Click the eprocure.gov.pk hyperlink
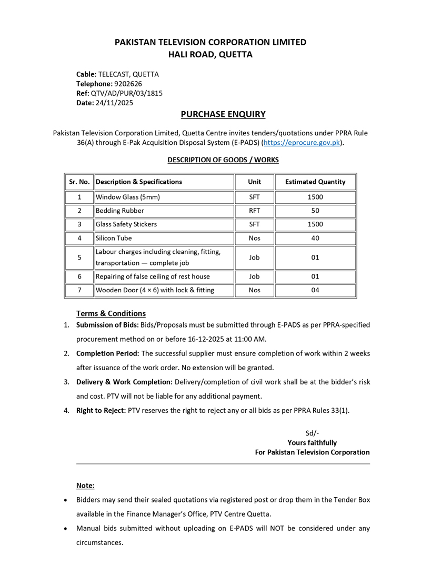[x=302, y=143]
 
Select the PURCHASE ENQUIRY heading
[x=223, y=114]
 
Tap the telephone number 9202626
[x=128, y=84]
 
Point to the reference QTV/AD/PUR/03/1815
[x=127, y=93]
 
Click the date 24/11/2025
[x=114, y=103]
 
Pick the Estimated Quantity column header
[x=315, y=182]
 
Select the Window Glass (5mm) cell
[x=128, y=197]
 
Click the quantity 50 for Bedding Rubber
[x=315, y=211]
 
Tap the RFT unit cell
[x=254, y=211]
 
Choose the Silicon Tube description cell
[x=114, y=238]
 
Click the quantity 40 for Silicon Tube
[x=315, y=238]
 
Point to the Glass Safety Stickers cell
[x=126, y=224]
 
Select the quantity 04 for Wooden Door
[x=315, y=290]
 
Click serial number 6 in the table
[x=79, y=276]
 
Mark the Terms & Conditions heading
[x=111, y=313]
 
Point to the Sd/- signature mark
[x=312, y=433]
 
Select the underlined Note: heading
[x=85, y=485]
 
